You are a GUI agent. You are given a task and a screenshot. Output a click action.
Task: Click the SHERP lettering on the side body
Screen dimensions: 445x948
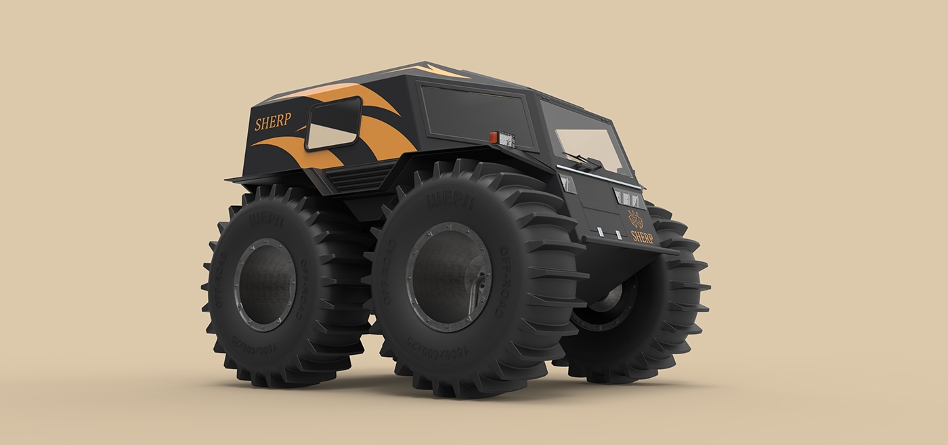click(273, 122)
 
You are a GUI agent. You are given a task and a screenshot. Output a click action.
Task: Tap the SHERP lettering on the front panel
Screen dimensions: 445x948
click(642, 236)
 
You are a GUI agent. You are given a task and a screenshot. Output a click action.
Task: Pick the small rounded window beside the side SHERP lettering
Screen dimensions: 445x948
click(333, 123)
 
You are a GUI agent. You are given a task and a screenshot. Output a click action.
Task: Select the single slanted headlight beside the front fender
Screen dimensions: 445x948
click(567, 183)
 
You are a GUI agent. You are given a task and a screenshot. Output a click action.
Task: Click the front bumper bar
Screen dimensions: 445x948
click(630, 245)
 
